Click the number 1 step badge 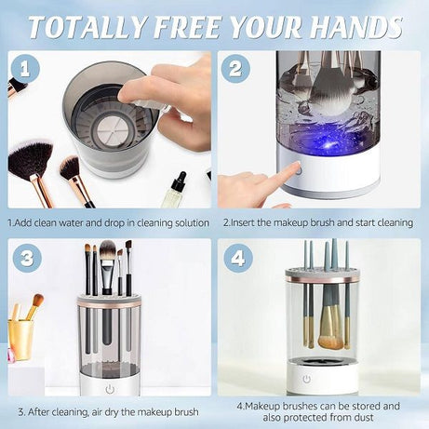(27, 68)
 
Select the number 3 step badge (27, 258)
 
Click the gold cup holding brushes (20, 336)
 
